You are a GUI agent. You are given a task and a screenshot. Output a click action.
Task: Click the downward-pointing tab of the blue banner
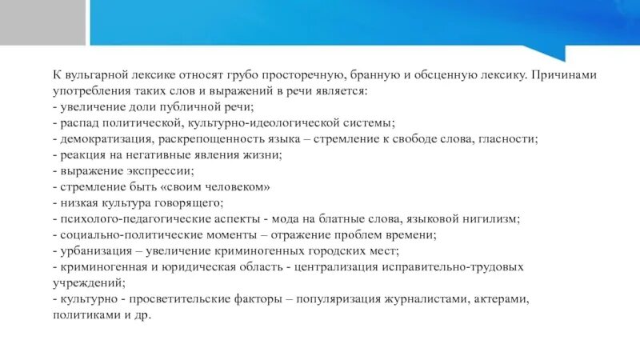click(x=552, y=53)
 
